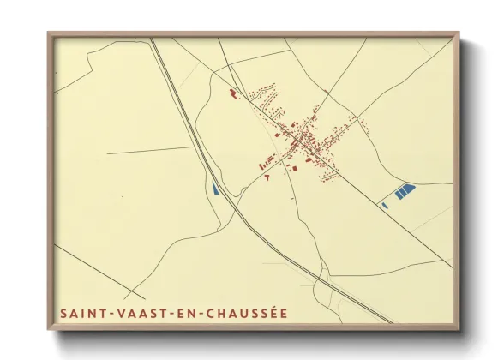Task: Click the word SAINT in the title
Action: [81, 315]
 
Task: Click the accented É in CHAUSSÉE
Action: [282, 314]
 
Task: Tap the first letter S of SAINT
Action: [64, 315]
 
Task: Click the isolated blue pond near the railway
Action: [213, 188]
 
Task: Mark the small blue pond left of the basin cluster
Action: [383, 204]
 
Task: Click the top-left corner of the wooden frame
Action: [50, 34]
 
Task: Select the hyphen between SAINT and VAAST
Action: [108, 315]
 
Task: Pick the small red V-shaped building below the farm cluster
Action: [267, 177]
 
